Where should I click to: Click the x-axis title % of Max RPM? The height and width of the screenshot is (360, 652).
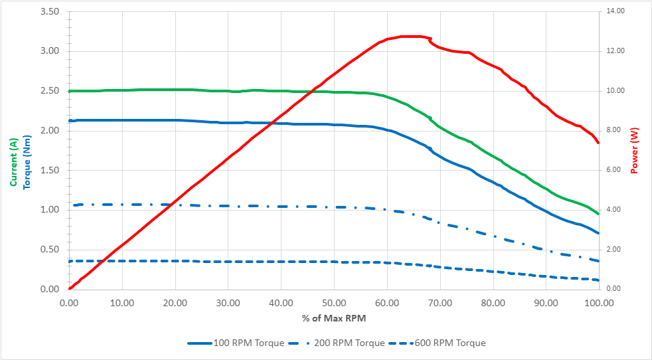[x=334, y=318]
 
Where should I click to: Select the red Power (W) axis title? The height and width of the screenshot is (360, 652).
[x=634, y=150]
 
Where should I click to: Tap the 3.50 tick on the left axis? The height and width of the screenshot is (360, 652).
[x=50, y=12]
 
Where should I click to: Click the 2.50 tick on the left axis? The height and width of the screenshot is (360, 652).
[x=50, y=91]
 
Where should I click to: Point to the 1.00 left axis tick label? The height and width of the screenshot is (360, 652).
[x=50, y=210]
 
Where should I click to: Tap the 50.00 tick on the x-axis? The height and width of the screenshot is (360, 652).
[x=334, y=302]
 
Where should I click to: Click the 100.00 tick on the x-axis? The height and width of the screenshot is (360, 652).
[x=598, y=302]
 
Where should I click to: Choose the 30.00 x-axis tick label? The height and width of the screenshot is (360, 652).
[x=228, y=302]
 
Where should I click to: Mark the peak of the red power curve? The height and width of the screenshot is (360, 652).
[x=412, y=37]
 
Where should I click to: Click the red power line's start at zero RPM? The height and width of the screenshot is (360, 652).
[x=70, y=288]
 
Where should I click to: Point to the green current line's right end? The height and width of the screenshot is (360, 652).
[x=598, y=214]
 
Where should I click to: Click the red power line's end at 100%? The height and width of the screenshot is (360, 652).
[x=598, y=143]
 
